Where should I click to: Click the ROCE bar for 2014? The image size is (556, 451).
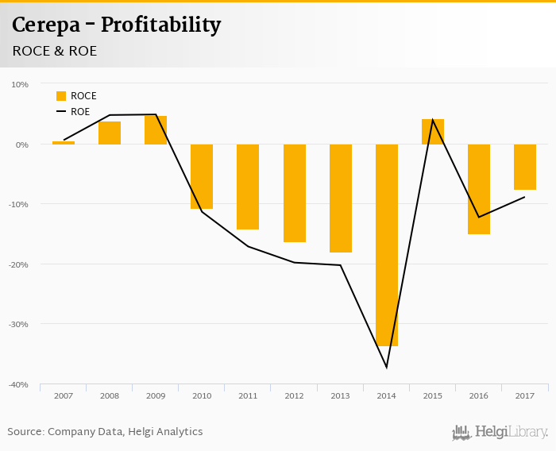[387, 245]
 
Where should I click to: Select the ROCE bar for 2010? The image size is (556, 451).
[202, 176]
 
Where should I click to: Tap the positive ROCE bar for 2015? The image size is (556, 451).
[433, 132]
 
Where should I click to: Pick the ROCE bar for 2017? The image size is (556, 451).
[525, 167]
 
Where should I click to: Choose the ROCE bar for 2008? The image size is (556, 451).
[110, 133]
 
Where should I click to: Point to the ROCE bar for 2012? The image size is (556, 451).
[295, 193]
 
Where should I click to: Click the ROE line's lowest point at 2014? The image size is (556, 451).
[387, 367]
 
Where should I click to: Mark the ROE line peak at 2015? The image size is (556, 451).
[433, 120]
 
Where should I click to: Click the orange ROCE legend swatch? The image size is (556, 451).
[61, 96]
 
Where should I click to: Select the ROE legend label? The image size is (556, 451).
[80, 112]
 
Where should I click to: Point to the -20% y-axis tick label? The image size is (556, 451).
[17, 264]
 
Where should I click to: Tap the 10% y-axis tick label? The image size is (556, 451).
[20, 84]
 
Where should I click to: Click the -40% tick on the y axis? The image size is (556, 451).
[17, 384]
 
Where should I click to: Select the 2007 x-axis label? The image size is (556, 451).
[64, 395]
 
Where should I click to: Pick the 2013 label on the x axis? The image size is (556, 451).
[341, 395]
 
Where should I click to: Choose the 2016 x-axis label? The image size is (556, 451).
[479, 395]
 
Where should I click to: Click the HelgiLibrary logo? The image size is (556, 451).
[500, 433]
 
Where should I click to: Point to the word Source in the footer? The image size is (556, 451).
[25, 432]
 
